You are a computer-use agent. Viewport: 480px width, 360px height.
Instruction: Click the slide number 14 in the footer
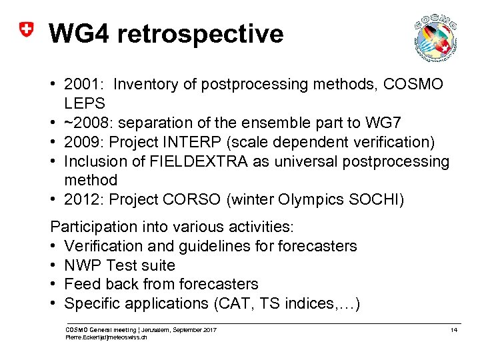point(453,330)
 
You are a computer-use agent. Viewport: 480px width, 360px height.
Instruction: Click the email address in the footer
point(106,337)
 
